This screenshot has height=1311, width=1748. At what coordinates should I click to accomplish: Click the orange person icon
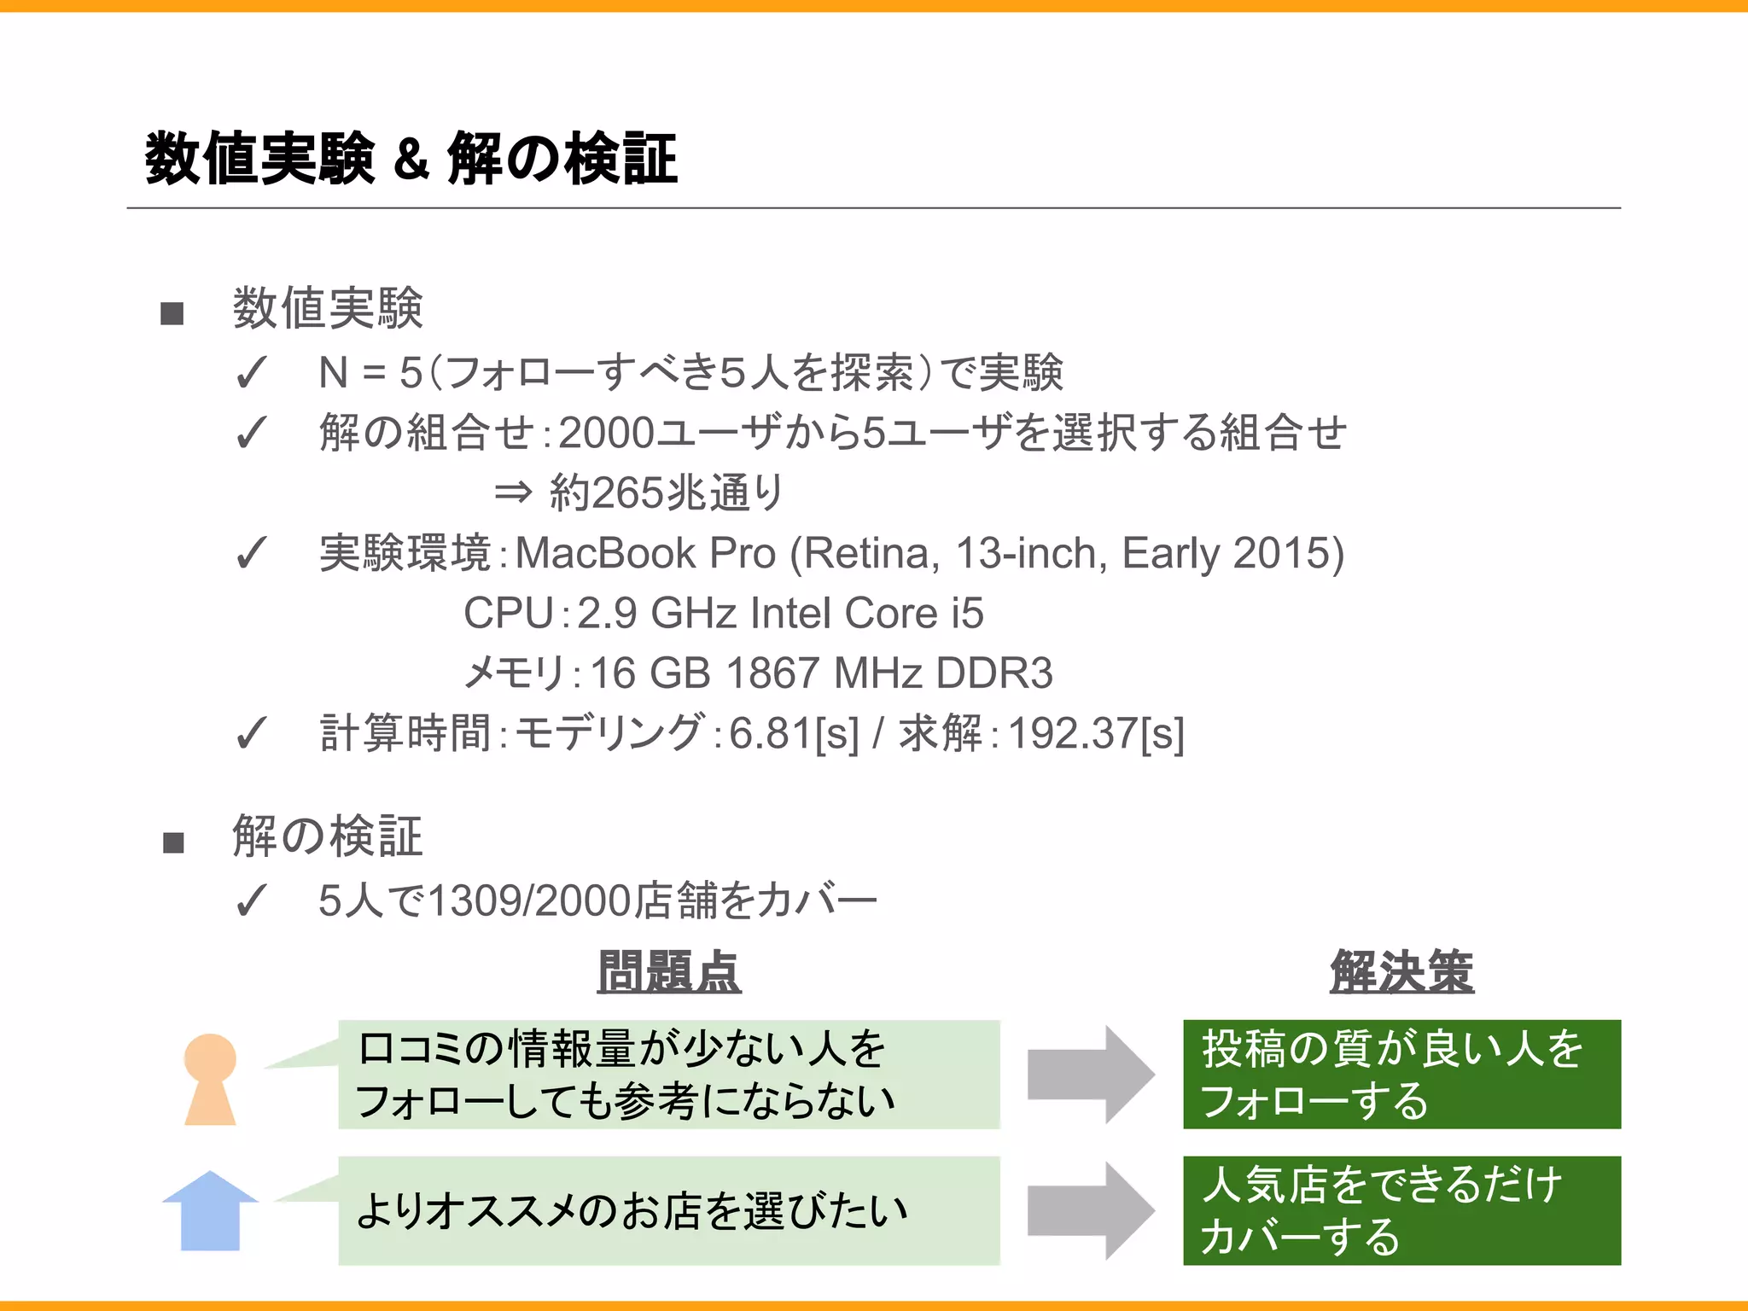[210, 1079]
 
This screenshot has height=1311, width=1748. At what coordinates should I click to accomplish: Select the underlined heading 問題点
[669, 972]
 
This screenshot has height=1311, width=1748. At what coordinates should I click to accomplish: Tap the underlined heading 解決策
[1401, 972]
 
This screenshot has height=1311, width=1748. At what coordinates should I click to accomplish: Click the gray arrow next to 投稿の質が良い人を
[1091, 1075]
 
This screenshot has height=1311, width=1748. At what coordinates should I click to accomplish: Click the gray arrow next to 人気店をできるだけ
[1091, 1210]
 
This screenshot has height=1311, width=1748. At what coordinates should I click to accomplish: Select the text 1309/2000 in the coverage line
[529, 901]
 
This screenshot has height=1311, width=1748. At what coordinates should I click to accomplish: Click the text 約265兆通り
[666, 492]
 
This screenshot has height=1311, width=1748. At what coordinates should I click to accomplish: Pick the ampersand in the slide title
[411, 160]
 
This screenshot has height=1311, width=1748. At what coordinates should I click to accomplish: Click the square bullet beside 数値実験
[172, 313]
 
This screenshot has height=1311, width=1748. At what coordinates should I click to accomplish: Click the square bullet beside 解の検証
[173, 842]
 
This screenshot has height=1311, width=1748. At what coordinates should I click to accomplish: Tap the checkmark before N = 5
[251, 373]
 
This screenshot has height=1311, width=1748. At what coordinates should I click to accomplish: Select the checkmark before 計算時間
[251, 733]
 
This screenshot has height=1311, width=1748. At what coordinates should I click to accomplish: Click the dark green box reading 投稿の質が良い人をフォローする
[1401, 1075]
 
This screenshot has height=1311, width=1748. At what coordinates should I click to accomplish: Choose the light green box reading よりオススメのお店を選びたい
[669, 1210]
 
